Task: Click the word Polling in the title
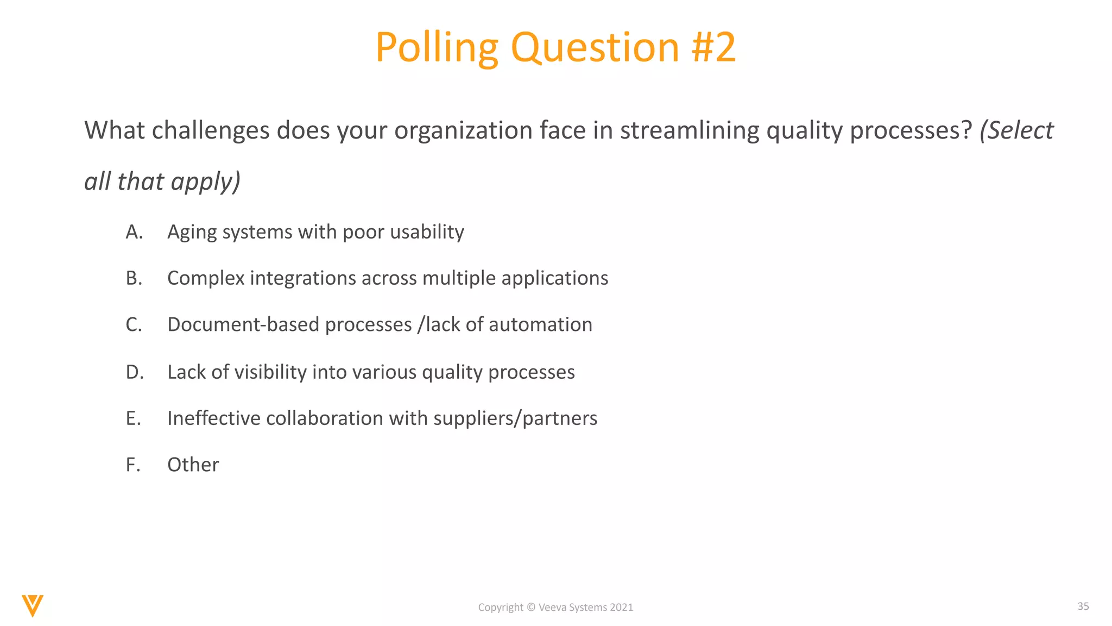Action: (x=437, y=48)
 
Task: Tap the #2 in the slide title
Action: (x=713, y=48)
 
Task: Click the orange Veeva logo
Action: (x=33, y=605)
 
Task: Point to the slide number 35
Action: (x=1083, y=606)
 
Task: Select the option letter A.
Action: (x=134, y=232)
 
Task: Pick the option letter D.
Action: (x=134, y=372)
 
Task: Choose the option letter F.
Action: (x=133, y=465)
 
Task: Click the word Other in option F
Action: (x=193, y=465)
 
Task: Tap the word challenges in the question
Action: (x=211, y=130)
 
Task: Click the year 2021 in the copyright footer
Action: (x=621, y=607)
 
